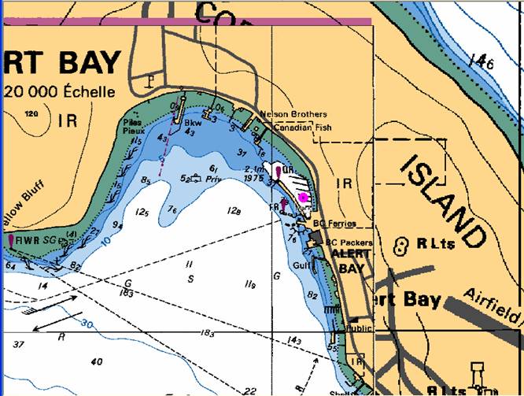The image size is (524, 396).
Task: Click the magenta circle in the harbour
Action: tap(304, 197)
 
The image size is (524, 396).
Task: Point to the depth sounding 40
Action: tap(96, 362)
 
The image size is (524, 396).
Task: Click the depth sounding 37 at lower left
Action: tap(18, 344)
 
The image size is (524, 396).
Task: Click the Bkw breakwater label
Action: tap(192, 123)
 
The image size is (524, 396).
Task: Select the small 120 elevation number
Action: tap(31, 115)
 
